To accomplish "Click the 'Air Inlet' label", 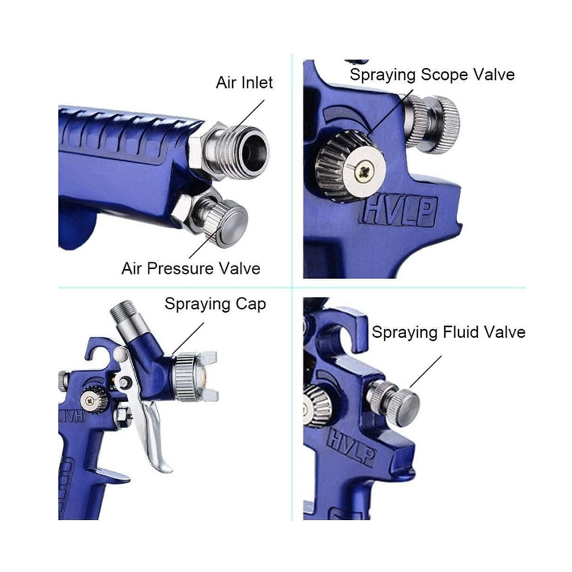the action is click(x=244, y=83).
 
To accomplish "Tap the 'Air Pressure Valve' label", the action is click(x=191, y=269).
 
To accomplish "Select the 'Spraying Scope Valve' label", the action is click(x=432, y=75).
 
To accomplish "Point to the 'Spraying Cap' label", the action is click(x=215, y=304).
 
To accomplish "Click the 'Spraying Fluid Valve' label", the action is click(x=448, y=333).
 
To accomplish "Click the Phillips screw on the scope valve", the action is click(x=364, y=169).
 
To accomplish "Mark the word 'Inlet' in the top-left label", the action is click(x=256, y=83).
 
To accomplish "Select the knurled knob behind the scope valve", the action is click(x=434, y=124).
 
